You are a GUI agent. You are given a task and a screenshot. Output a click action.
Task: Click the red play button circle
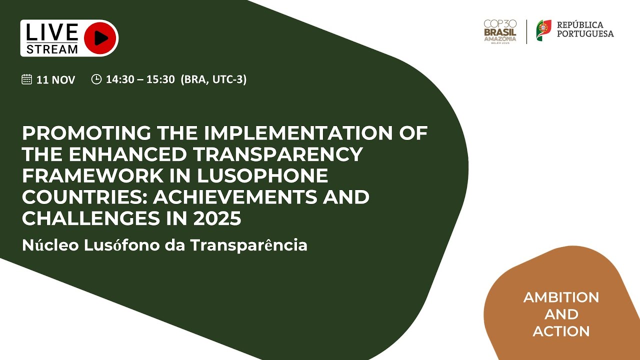[100, 38]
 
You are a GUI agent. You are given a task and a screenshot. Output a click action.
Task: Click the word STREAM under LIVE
[52, 49]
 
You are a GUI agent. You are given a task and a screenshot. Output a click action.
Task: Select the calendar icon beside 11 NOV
[27, 79]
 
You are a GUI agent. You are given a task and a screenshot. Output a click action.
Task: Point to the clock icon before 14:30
[96, 79]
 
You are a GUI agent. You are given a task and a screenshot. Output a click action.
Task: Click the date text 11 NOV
[56, 79]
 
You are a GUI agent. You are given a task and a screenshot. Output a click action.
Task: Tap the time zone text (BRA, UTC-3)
[213, 79]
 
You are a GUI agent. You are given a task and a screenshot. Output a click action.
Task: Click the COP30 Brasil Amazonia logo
[500, 31]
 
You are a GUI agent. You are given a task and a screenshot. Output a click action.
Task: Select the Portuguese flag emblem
[543, 30]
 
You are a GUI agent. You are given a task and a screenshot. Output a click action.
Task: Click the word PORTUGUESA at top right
[585, 34]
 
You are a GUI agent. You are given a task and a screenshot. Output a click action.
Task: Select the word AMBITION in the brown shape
[561, 297]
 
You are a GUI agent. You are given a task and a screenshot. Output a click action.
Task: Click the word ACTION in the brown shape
[561, 331]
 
